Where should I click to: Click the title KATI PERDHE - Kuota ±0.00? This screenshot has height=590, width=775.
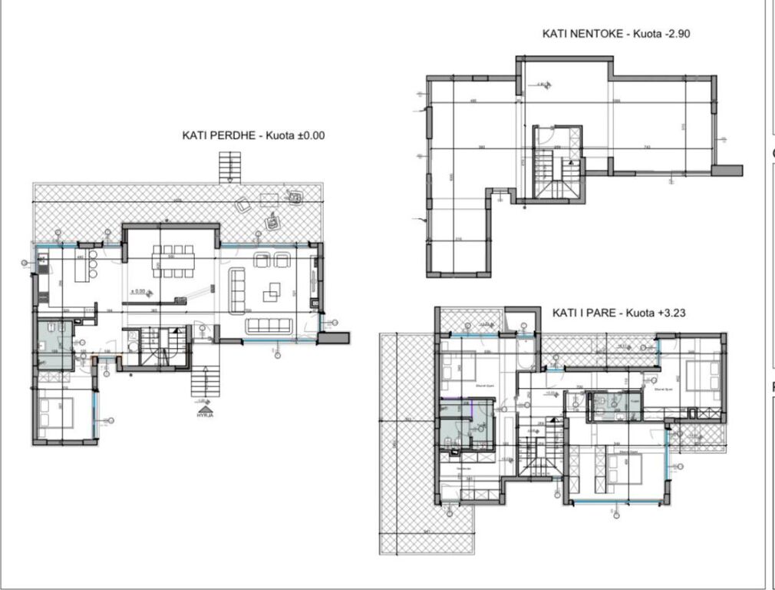click(253, 135)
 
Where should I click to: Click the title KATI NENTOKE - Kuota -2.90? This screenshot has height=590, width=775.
click(617, 34)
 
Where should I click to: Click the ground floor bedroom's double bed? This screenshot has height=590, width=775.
click(56, 413)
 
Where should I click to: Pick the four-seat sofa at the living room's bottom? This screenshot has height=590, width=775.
click(269, 326)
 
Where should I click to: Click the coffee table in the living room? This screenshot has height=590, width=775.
click(272, 292)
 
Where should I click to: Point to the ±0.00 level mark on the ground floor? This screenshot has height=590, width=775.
click(139, 291)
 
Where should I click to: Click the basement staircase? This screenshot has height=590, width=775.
click(552, 173)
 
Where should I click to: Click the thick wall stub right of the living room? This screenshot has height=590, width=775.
click(335, 336)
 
